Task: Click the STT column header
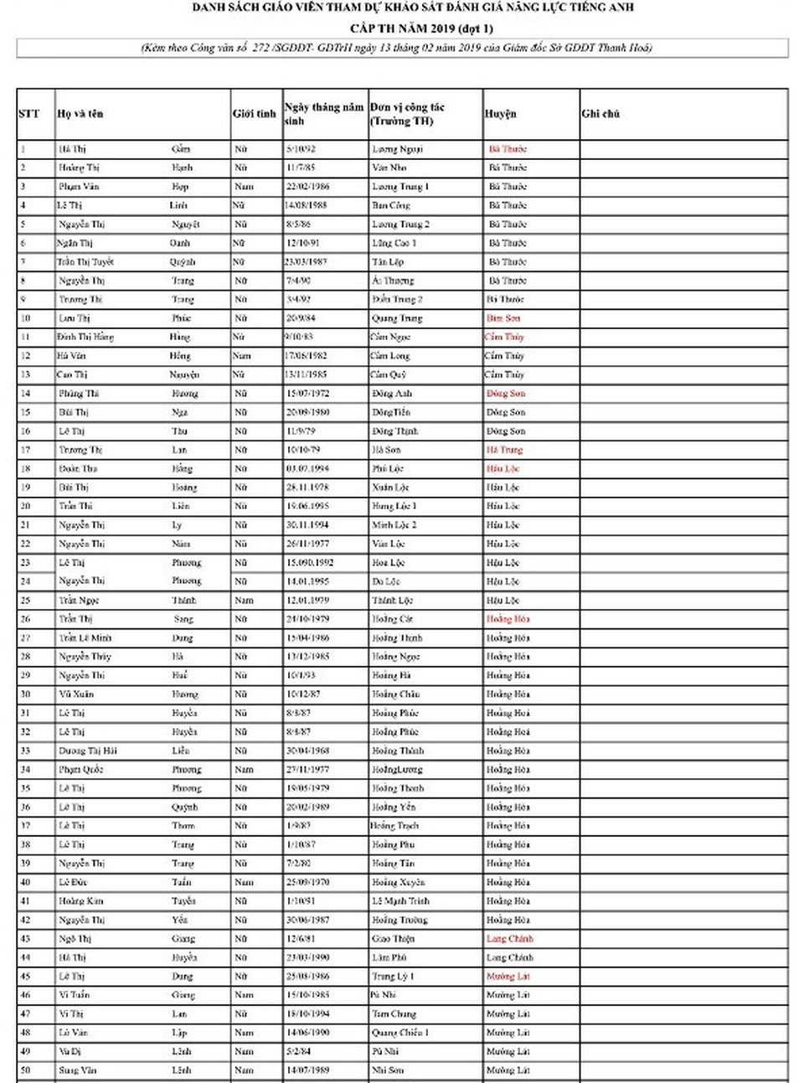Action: click(x=28, y=114)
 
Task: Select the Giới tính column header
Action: click(x=254, y=114)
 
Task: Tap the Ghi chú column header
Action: click(x=600, y=114)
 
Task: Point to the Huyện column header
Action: click(x=500, y=114)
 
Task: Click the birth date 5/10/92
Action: click(x=300, y=149)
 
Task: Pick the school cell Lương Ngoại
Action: click(x=397, y=149)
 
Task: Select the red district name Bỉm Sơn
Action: click(x=503, y=318)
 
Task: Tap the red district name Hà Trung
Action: click(x=504, y=450)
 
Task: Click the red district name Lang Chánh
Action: click(x=509, y=939)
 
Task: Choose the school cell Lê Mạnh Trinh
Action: click(x=400, y=901)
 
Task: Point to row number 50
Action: click(x=25, y=1070)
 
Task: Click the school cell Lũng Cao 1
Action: click(x=394, y=243)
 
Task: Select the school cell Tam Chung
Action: click(x=394, y=1013)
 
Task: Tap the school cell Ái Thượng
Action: click(x=392, y=281)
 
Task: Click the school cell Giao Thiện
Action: click(x=393, y=939)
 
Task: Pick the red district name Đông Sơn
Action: click(x=506, y=394)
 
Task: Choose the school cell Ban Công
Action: click(x=390, y=205)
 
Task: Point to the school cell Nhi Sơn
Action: click(x=387, y=1070)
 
